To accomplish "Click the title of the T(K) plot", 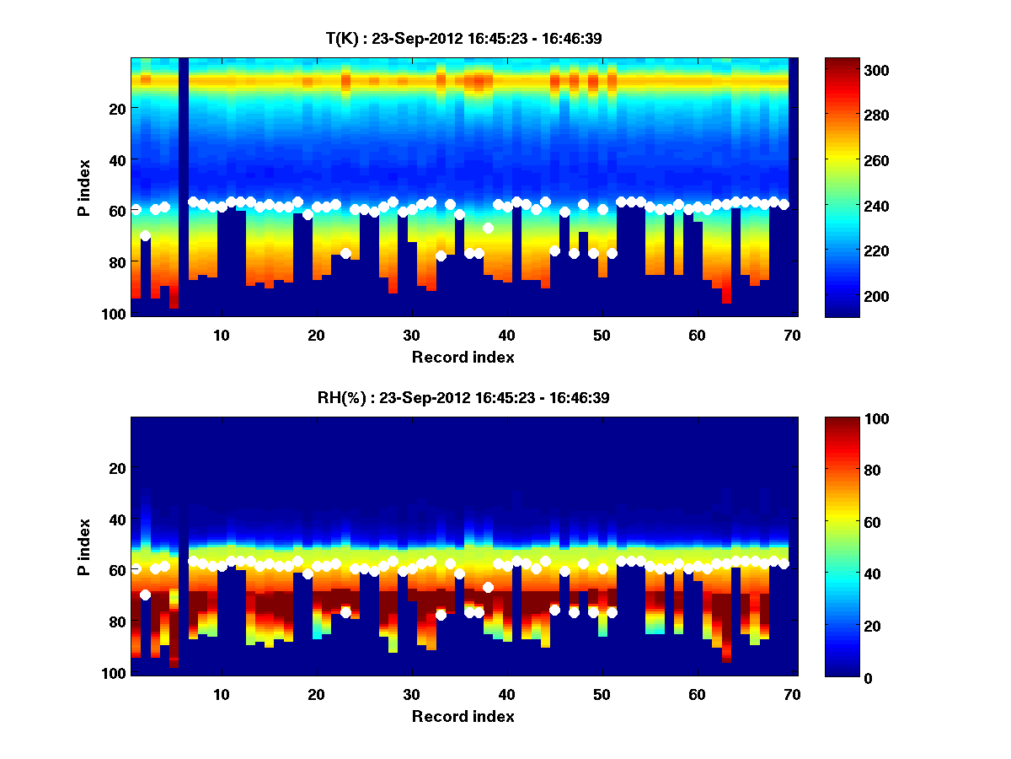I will point(463,38).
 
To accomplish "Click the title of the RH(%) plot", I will point(463,397).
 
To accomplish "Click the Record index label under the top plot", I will point(463,357).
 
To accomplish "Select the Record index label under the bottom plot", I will point(463,716).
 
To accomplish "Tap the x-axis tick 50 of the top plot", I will point(602,335).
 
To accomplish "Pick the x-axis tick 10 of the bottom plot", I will point(221,695).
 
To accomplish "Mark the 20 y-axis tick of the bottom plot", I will point(119,468).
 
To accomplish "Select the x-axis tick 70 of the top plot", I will point(792,335).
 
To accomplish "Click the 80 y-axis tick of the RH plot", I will point(119,622).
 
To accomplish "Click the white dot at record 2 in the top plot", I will point(145,235).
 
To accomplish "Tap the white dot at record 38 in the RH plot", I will point(488,587).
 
